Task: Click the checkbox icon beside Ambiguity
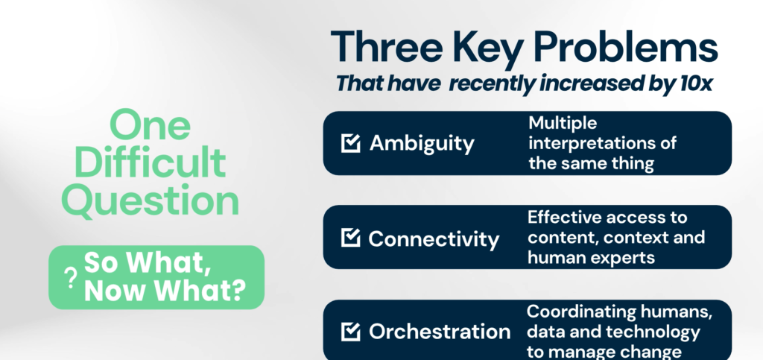click(x=351, y=143)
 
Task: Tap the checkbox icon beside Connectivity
click(x=351, y=238)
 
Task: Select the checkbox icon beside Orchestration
click(x=351, y=331)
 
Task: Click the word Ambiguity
click(x=422, y=144)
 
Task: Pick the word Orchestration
click(x=440, y=332)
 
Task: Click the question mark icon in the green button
click(x=71, y=278)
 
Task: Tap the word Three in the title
click(x=387, y=48)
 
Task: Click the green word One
click(x=150, y=125)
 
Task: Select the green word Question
click(x=151, y=200)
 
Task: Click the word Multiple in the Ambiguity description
click(x=563, y=124)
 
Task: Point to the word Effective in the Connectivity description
click(x=564, y=217)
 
